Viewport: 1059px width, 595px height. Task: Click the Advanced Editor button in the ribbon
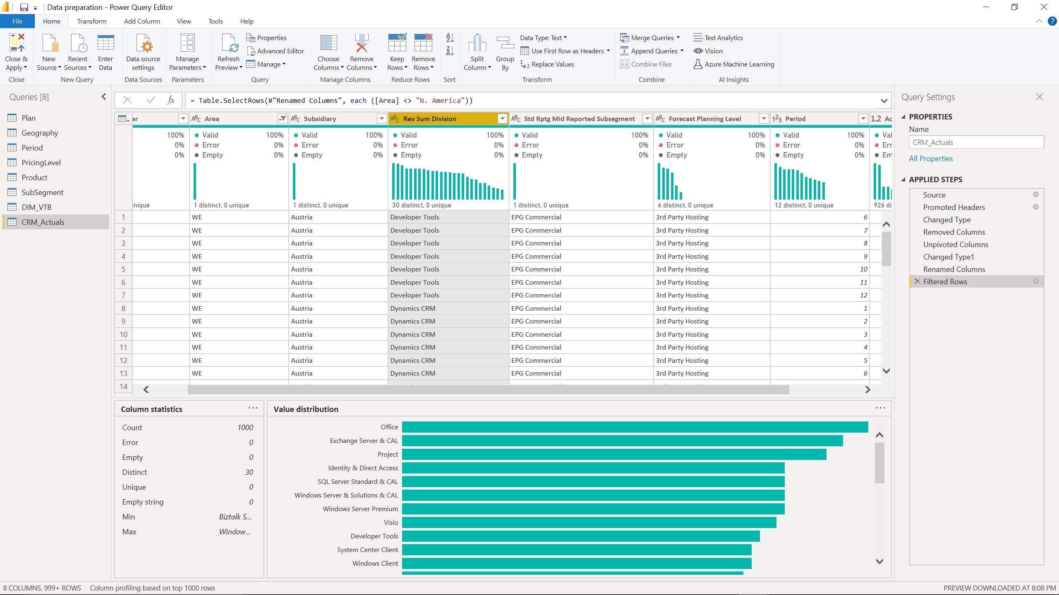pos(276,51)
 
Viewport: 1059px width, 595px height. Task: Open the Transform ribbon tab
pos(91,21)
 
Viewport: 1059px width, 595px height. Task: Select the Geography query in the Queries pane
pos(40,133)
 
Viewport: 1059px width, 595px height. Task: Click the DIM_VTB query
pos(36,207)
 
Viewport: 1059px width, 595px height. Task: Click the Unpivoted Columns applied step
pos(955,244)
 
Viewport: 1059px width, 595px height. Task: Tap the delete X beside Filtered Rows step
pos(917,281)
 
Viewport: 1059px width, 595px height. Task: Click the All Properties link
pos(931,158)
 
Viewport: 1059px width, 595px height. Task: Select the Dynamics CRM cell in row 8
pos(412,308)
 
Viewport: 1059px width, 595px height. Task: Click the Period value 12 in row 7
pos(863,295)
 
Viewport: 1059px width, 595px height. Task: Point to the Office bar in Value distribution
pos(635,427)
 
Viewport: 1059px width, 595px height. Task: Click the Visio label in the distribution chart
pos(391,522)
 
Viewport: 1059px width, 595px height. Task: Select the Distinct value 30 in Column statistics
pos(249,472)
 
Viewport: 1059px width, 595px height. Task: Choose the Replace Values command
pos(552,64)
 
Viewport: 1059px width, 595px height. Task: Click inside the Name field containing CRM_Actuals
pos(976,142)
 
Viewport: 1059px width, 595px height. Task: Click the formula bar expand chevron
pos(884,100)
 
